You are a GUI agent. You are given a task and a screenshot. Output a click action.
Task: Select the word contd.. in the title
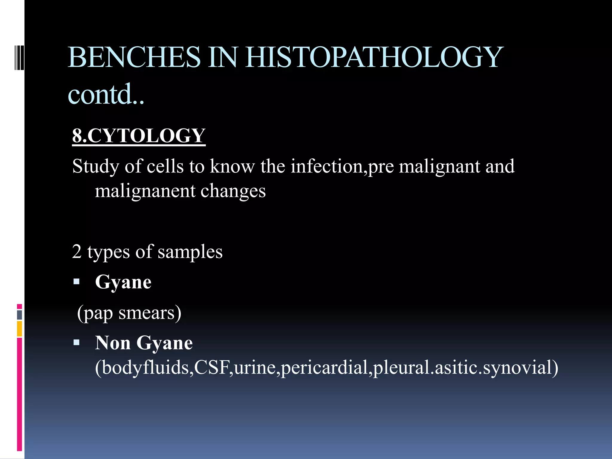click(106, 94)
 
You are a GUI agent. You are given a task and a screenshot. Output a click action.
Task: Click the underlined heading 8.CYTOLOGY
click(139, 136)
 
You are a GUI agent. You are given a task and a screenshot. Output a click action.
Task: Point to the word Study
click(96, 166)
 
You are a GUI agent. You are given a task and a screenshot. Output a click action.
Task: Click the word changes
click(233, 191)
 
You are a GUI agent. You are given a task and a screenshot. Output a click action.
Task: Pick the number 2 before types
click(77, 252)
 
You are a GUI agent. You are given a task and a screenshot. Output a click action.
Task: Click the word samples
click(190, 252)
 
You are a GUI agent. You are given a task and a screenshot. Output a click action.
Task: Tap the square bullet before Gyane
click(76, 281)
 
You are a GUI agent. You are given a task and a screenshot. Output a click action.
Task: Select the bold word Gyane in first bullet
click(123, 282)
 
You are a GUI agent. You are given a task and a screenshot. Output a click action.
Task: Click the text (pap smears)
click(129, 313)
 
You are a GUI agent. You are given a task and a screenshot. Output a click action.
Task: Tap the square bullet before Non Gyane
click(76, 342)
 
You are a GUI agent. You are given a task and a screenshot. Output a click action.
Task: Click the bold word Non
click(113, 343)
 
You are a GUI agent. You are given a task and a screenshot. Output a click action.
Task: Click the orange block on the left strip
click(19, 328)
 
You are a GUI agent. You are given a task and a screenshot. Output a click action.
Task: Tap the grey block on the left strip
click(19, 315)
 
